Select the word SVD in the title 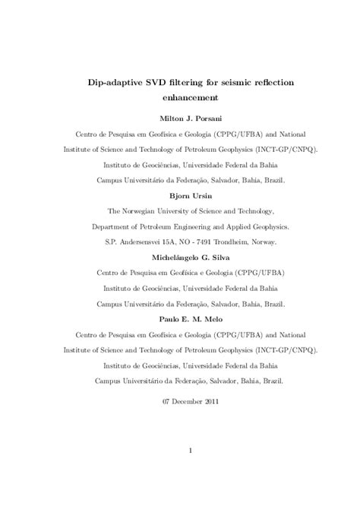pyautogui.click(x=160, y=82)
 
